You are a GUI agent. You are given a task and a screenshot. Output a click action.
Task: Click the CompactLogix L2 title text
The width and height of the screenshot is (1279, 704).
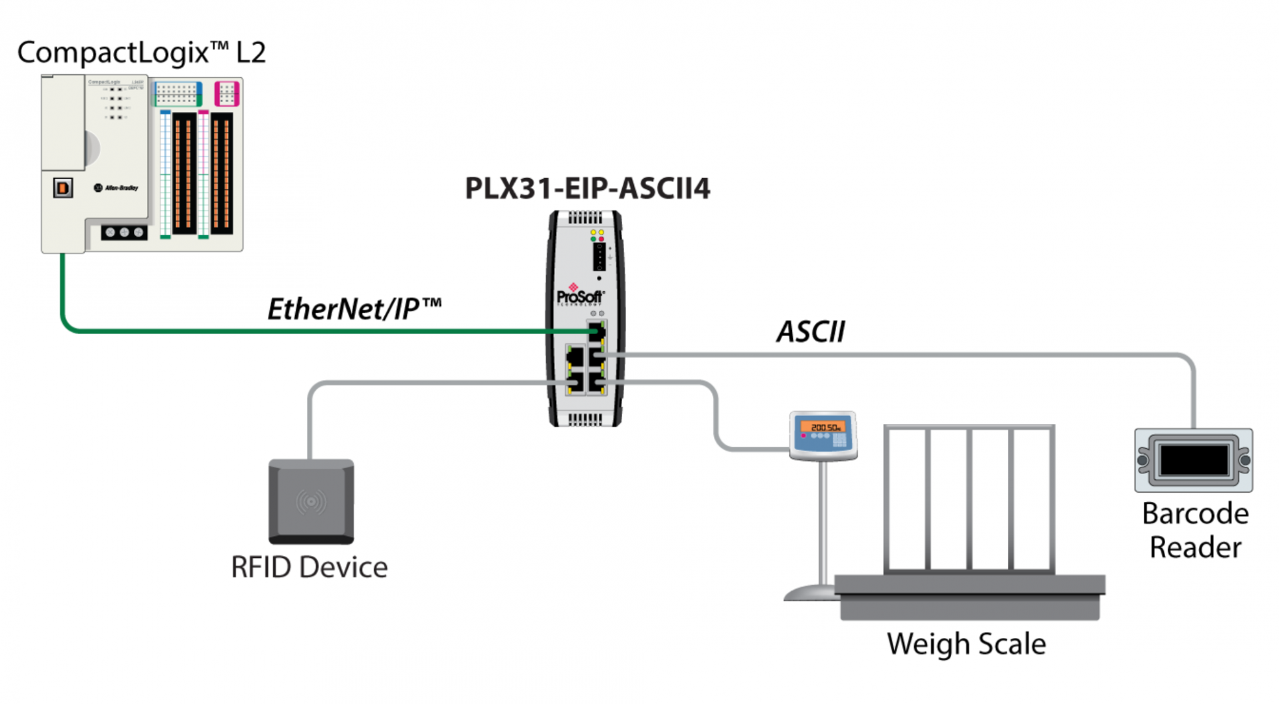click(x=141, y=53)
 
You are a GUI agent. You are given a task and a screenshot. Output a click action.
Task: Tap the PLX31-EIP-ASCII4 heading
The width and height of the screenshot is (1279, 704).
click(x=587, y=189)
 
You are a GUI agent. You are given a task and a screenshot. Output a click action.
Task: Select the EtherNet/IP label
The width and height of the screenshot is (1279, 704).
click(x=354, y=309)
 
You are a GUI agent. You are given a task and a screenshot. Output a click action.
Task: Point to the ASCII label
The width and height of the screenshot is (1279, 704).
click(x=811, y=331)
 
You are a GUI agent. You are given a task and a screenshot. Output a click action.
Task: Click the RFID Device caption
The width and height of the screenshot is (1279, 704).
click(x=309, y=567)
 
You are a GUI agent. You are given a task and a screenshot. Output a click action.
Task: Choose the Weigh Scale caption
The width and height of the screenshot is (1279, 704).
click(x=966, y=644)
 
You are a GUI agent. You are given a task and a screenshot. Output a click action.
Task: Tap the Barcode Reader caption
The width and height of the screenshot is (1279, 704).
click(x=1195, y=531)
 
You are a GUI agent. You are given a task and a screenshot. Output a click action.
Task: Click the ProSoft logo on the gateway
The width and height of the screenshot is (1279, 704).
click(x=580, y=296)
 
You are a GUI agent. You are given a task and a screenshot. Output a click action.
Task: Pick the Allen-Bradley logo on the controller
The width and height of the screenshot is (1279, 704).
click(x=117, y=188)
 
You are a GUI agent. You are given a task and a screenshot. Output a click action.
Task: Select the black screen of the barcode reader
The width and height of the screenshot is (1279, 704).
click(x=1194, y=460)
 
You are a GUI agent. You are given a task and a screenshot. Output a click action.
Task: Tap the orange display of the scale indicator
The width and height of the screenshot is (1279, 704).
click(x=825, y=427)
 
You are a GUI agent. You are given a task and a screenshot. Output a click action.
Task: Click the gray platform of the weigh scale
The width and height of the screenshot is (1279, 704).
click(x=969, y=597)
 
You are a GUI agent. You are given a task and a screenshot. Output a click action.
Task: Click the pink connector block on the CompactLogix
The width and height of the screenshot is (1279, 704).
click(x=226, y=93)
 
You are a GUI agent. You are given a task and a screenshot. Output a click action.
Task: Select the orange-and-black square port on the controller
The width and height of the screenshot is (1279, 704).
click(x=63, y=188)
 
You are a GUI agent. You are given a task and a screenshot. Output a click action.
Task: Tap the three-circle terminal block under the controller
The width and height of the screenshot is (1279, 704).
click(x=124, y=233)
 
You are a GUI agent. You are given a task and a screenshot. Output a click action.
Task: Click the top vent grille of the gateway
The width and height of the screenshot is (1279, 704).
click(x=585, y=219)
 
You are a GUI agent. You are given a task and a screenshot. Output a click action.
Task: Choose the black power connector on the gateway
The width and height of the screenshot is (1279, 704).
click(x=599, y=256)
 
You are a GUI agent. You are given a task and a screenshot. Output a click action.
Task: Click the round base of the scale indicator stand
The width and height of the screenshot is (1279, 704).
click(x=809, y=593)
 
